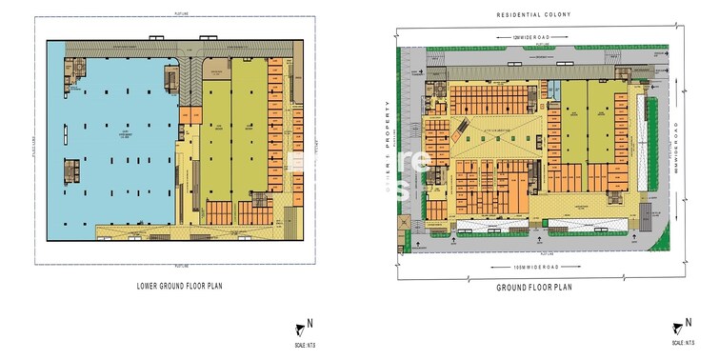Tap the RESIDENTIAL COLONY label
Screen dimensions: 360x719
pyautogui.click(x=544, y=15)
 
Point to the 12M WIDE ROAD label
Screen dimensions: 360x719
pyautogui.click(x=543, y=37)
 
